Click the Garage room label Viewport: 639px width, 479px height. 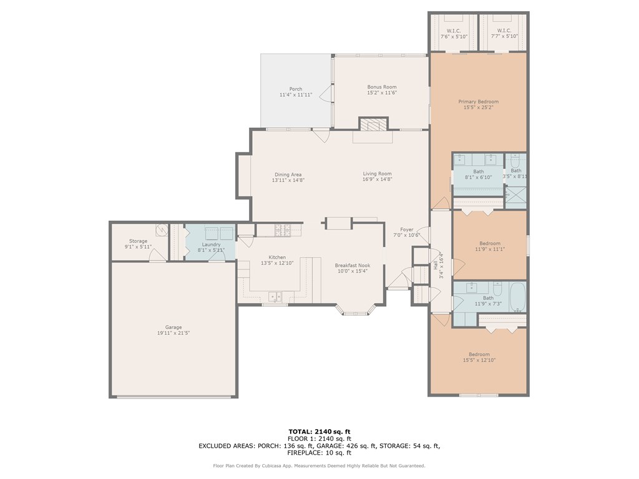tap(173, 327)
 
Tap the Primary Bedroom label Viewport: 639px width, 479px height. tap(479, 102)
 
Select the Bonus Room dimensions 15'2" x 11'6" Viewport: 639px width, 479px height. tap(382, 92)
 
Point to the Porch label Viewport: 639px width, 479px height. tap(296, 89)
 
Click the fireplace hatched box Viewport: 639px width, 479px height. tap(373, 125)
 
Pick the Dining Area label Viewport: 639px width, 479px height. tap(288, 175)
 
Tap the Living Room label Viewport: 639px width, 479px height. tap(378, 173)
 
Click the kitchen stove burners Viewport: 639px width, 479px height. tap(283, 230)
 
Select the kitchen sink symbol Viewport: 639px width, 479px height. tap(275, 296)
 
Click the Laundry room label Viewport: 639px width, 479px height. tap(211, 244)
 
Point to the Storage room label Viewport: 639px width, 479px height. tap(138, 241)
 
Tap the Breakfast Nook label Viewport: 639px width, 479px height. tap(353, 265)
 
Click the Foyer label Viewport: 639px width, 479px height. tap(406, 230)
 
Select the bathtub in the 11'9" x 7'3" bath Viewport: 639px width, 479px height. tap(517, 297)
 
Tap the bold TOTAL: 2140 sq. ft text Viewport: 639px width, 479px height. tap(319, 432)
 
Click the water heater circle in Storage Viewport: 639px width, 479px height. tap(162, 230)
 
